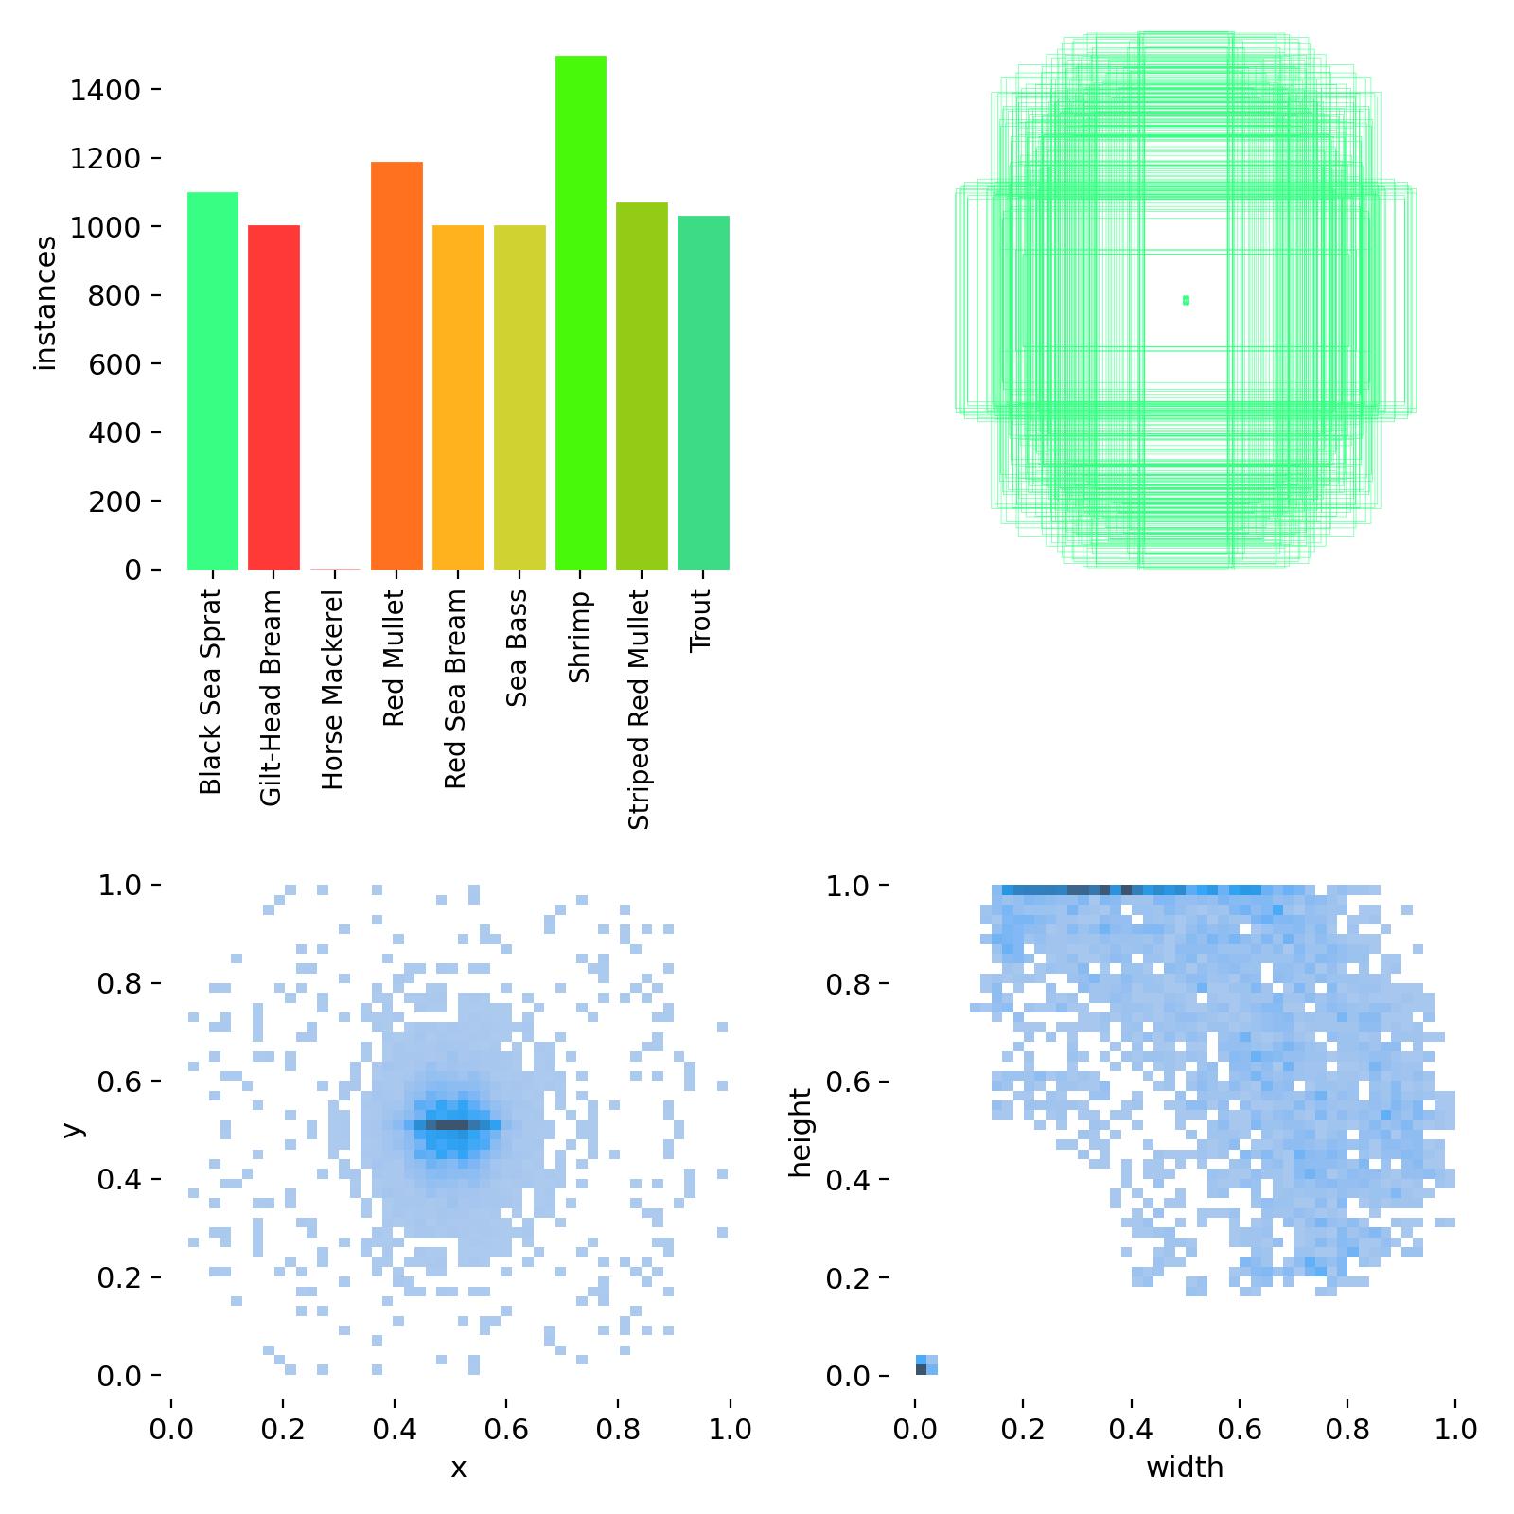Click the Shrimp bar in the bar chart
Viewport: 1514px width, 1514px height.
pyautogui.click(x=580, y=312)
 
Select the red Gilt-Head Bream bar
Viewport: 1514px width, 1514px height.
pyautogui.click(x=273, y=397)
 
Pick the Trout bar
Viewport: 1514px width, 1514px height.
pyautogui.click(x=703, y=393)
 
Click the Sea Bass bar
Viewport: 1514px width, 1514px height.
pyautogui.click(x=519, y=397)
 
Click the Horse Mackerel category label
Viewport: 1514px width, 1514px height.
pyautogui.click(x=332, y=692)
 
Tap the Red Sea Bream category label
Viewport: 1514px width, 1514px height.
pyautogui.click(x=455, y=690)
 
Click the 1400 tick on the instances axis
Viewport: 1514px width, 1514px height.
pyautogui.click(x=104, y=90)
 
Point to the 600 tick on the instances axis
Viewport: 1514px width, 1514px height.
pyautogui.click(x=114, y=364)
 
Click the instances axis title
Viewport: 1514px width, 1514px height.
pyautogui.click(x=45, y=303)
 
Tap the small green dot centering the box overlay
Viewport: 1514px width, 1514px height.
pyautogui.click(x=1186, y=300)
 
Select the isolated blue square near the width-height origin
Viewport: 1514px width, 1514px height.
pyautogui.click(x=926, y=1364)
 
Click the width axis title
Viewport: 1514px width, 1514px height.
pyautogui.click(x=1185, y=1468)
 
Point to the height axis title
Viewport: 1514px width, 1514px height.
pyautogui.click(x=801, y=1133)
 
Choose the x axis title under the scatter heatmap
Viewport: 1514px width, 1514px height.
pyautogui.click(x=458, y=1469)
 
